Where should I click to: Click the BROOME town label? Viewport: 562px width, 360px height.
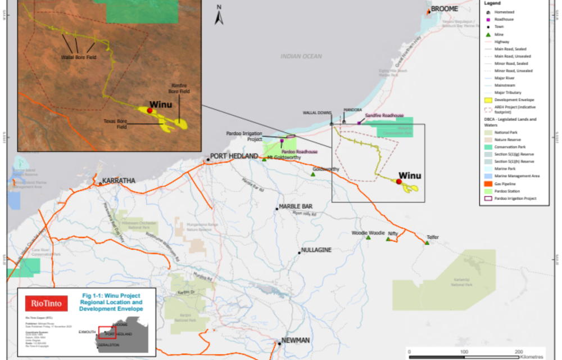pyautogui.click(x=445, y=9)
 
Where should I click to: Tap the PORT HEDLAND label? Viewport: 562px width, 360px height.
pyautogui.click(x=234, y=156)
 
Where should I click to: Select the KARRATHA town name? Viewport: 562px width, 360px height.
pyautogui.click(x=117, y=181)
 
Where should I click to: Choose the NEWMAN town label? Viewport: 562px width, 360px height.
pyautogui.click(x=296, y=340)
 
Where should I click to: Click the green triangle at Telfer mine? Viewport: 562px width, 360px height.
pyautogui.click(x=427, y=243)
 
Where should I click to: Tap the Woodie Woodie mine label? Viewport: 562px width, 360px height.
pyautogui.click(x=368, y=232)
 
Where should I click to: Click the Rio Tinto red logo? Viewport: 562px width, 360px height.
pyautogui.click(x=47, y=304)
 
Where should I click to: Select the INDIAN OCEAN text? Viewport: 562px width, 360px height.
pyautogui.click(x=301, y=56)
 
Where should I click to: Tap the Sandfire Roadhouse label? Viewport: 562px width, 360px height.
pyautogui.click(x=384, y=115)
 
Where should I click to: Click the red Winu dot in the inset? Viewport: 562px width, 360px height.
pyautogui.click(x=149, y=111)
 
